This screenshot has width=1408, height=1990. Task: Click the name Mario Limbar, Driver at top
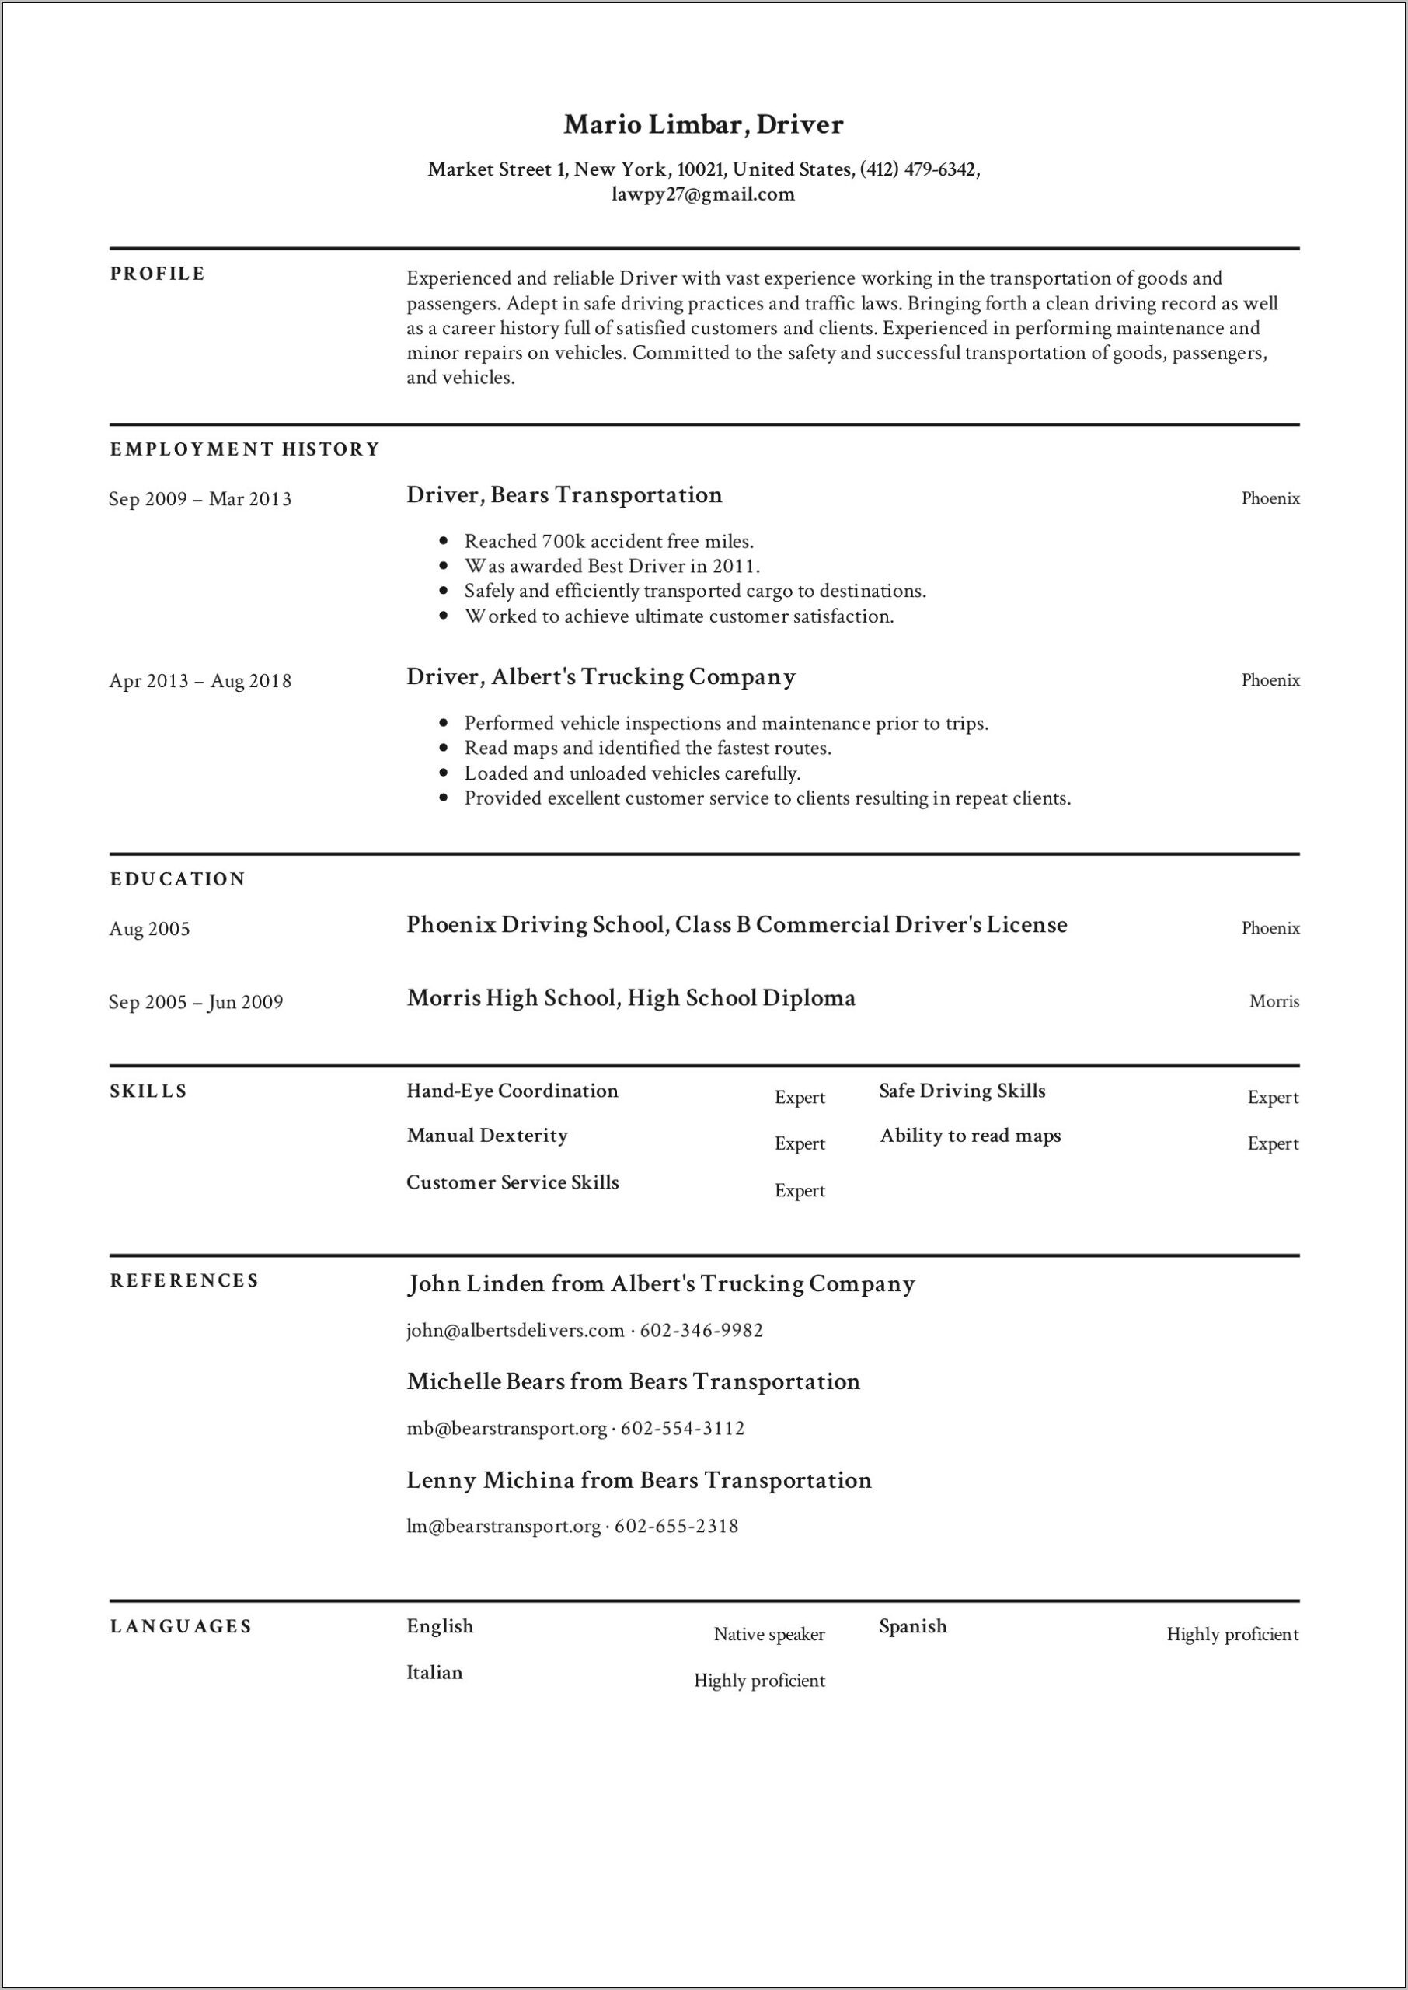[x=703, y=125]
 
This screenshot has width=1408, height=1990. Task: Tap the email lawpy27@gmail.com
[x=703, y=194]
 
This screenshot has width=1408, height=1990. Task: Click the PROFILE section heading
[x=158, y=274]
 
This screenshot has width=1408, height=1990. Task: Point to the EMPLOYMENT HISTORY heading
[x=246, y=449]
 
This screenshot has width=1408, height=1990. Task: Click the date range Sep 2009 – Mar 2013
[x=200, y=500]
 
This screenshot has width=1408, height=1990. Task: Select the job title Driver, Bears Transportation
[x=564, y=495]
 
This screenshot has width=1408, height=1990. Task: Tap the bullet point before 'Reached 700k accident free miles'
[x=444, y=541]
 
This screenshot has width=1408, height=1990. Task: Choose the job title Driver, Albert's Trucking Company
[x=601, y=676]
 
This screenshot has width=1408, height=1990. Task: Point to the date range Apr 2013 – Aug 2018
[x=200, y=682]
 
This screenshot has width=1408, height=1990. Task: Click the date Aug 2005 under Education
[x=149, y=930]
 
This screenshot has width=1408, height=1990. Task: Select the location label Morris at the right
[x=1274, y=1001]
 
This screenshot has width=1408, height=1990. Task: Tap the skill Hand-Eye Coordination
[x=512, y=1091]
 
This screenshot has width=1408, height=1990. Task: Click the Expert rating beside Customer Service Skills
[x=800, y=1191]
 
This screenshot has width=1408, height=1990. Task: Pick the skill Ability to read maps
[x=971, y=1136]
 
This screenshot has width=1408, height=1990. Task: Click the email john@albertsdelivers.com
[x=516, y=1330]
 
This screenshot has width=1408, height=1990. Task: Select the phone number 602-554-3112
[x=683, y=1428]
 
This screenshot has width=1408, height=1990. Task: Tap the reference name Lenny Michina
[x=490, y=1480]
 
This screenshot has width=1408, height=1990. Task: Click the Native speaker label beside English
[x=769, y=1635]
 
